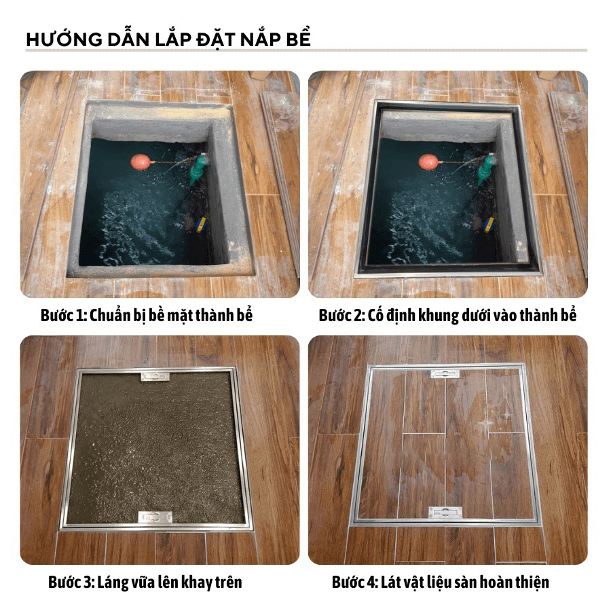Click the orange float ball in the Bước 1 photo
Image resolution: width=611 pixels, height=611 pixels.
(x=141, y=162)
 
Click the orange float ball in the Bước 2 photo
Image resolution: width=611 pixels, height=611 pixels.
(x=428, y=162)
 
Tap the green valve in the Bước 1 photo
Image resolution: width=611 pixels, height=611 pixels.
(x=199, y=169)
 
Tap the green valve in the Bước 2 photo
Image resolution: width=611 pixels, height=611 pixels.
(x=487, y=169)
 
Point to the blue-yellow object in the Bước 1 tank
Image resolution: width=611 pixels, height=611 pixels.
(x=201, y=225)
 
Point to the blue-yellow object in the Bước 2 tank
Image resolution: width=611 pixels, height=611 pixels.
(x=489, y=225)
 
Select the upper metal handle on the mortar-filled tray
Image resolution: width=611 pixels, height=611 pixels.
(x=155, y=376)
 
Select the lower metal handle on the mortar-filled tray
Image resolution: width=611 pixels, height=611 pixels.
(x=155, y=517)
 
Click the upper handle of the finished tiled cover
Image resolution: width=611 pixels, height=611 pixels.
(x=445, y=374)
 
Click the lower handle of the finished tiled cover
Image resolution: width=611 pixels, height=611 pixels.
(x=446, y=513)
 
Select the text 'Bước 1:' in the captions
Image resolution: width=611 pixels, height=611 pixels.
(x=64, y=315)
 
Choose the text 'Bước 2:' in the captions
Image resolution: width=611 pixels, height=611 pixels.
(x=342, y=315)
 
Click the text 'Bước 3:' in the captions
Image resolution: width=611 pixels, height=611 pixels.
(x=72, y=582)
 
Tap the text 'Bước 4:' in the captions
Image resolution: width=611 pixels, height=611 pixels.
(x=355, y=582)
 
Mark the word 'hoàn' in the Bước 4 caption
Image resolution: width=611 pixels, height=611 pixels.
(x=496, y=582)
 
